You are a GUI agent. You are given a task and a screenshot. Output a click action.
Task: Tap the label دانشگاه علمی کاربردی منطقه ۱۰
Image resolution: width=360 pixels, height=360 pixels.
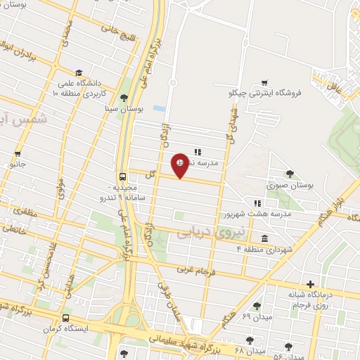coord(82,89)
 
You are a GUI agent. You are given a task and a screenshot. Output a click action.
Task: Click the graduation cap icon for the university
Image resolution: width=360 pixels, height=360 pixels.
coord(79,73)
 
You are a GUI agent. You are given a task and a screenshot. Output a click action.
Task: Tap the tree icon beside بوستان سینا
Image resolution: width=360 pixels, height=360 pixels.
coord(124,98)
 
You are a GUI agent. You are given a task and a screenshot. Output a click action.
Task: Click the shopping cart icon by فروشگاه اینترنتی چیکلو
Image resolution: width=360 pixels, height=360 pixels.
coord(265,82)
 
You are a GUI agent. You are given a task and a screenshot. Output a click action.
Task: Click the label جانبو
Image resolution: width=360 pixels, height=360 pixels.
coord(17,164)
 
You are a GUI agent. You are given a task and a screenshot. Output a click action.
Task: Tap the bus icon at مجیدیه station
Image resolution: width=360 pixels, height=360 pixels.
coord(123,176)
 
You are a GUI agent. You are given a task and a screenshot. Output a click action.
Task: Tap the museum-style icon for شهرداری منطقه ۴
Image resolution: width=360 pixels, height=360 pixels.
coord(264,238)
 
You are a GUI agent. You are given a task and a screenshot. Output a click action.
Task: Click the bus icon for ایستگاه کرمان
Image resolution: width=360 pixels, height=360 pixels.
coord(65,317)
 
